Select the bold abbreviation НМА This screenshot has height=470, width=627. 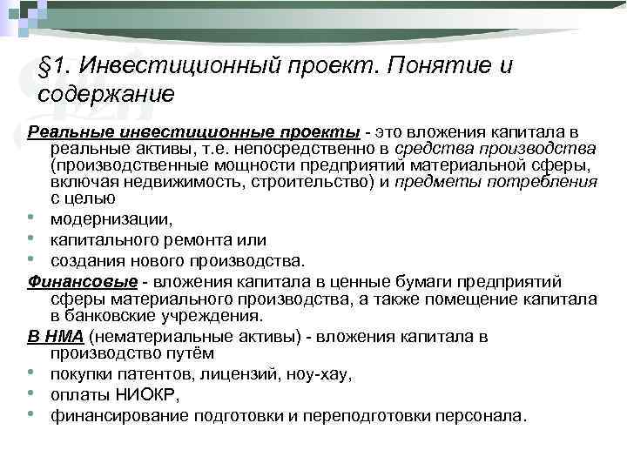[x=66, y=336]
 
